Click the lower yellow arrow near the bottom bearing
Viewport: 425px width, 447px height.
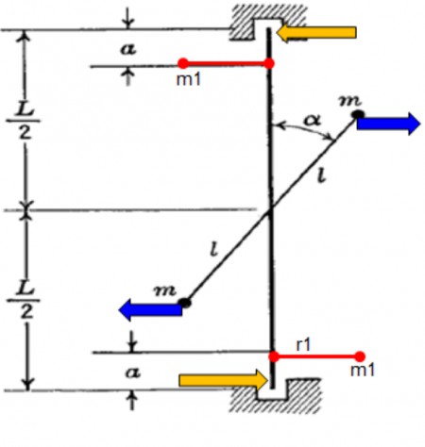(x=223, y=379)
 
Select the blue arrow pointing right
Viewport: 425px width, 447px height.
(x=388, y=123)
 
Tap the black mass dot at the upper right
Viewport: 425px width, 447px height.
(x=358, y=115)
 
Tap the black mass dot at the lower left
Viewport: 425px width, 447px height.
(x=185, y=303)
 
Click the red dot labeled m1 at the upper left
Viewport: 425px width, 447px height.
(x=182, y=64)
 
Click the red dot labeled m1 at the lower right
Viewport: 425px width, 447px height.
(x=360, y=356)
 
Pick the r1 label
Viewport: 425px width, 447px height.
(x=304, y=344)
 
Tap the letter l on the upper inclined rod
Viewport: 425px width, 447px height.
(x=320, y=178)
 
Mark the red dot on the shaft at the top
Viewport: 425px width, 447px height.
(x=269, y=63)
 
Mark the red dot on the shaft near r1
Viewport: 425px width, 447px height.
(x=274, y=356)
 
